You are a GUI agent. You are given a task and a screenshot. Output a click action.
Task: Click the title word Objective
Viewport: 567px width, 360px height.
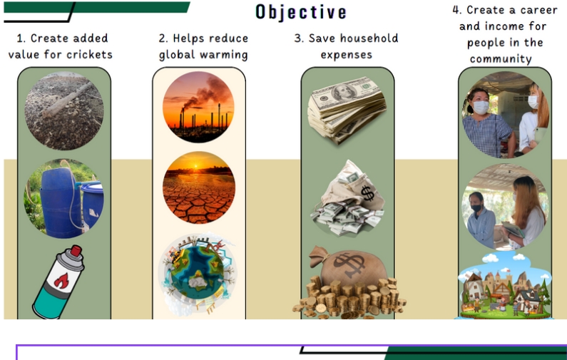(301, 12)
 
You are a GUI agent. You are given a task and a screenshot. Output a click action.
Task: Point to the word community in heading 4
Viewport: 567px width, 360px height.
(501, 59)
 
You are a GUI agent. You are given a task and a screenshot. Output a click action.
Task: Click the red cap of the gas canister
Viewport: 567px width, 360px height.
(76, 251)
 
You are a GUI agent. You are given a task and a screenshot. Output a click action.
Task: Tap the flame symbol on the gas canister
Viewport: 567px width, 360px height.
(62, 280)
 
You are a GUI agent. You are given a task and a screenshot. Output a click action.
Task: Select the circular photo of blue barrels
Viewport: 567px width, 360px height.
(64, 198)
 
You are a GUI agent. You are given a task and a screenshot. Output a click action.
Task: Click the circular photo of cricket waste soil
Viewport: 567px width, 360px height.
(64, 110)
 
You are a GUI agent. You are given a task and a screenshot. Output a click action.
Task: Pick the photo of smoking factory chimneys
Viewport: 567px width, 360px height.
(198, 107)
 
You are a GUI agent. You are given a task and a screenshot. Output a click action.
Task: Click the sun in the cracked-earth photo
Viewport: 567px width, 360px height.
(196, 166)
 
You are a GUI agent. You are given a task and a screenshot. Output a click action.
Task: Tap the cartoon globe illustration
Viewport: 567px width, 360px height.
(198, 274)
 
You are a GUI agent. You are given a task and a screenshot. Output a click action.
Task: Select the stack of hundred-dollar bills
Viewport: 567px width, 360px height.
(347, 110)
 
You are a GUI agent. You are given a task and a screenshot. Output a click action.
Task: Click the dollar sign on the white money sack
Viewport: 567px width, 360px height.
(367, 193)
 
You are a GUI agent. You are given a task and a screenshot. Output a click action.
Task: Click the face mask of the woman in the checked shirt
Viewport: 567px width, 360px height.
(481, 108)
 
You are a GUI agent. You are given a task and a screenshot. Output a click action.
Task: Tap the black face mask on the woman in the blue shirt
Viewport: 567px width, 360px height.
(476, 208)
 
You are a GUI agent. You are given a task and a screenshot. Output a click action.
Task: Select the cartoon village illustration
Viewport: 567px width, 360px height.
(504, 286)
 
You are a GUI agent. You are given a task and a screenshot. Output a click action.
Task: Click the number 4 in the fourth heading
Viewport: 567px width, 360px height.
(456, 10)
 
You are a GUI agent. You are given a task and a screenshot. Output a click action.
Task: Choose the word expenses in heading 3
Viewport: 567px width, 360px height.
(346, 55)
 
